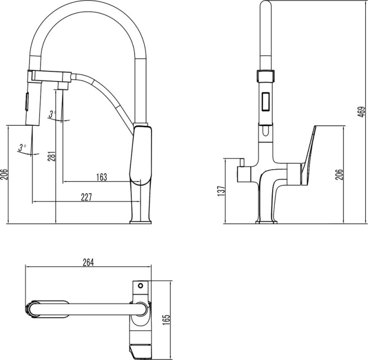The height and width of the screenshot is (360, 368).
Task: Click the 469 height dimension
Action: tap(361, 111)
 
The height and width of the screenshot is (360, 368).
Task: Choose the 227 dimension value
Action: tap(87, 197)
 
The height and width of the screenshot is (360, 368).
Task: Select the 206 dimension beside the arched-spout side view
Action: tap(4, 174)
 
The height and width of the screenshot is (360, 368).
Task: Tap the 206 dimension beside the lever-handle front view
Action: tap(339, 174)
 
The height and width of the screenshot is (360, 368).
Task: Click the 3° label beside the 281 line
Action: tap(52, 113)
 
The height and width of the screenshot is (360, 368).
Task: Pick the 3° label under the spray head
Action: tap(21, 147)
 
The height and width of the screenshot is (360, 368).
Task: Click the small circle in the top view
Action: tap(140, 286)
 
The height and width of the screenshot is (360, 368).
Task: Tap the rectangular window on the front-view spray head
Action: tap(265, 100)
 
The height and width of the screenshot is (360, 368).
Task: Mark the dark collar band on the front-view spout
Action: tap(265, 75)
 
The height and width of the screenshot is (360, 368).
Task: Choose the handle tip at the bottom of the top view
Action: tap(142, 352)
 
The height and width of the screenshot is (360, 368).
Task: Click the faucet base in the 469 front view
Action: tap(266, 221)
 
